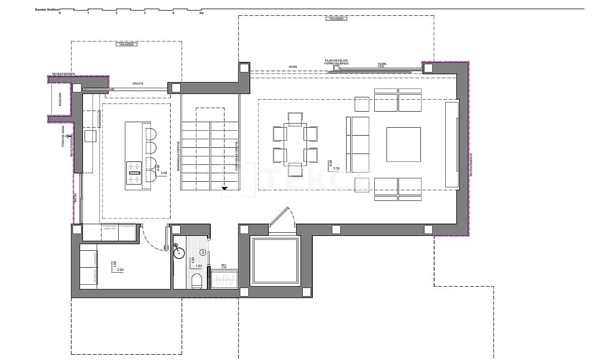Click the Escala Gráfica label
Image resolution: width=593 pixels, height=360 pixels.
(x=46, y=9)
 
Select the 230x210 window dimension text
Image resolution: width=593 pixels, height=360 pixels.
(x=139, y=83)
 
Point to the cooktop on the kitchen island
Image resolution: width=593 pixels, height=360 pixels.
(x=134, y=173)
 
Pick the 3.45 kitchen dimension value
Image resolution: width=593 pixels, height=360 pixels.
(x=164, y=173)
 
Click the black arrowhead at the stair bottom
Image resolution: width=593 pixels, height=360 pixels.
(x=224, y=189)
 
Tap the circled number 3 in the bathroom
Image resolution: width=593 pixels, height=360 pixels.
(x=203, y=252)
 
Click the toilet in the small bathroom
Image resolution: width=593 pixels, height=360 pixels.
(x=196, y=281)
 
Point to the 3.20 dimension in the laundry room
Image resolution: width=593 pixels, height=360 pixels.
(x=120, y=270)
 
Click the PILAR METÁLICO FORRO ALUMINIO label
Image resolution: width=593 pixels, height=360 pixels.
(x=337, y=62)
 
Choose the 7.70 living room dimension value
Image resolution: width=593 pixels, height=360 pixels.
(x=336, y=169)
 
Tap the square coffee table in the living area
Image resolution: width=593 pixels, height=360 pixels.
(x=403, y=144)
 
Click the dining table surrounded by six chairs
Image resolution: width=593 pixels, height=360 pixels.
(x=295, y=144)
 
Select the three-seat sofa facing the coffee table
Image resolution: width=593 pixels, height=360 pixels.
(x=360, y=144)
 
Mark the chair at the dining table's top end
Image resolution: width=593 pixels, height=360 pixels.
(x=295, y=118)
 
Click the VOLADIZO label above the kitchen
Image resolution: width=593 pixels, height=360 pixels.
(x=126, y=44)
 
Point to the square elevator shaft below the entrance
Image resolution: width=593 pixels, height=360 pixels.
(x=275, y=261)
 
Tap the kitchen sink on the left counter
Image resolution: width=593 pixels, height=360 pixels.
(x=91, y=136)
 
